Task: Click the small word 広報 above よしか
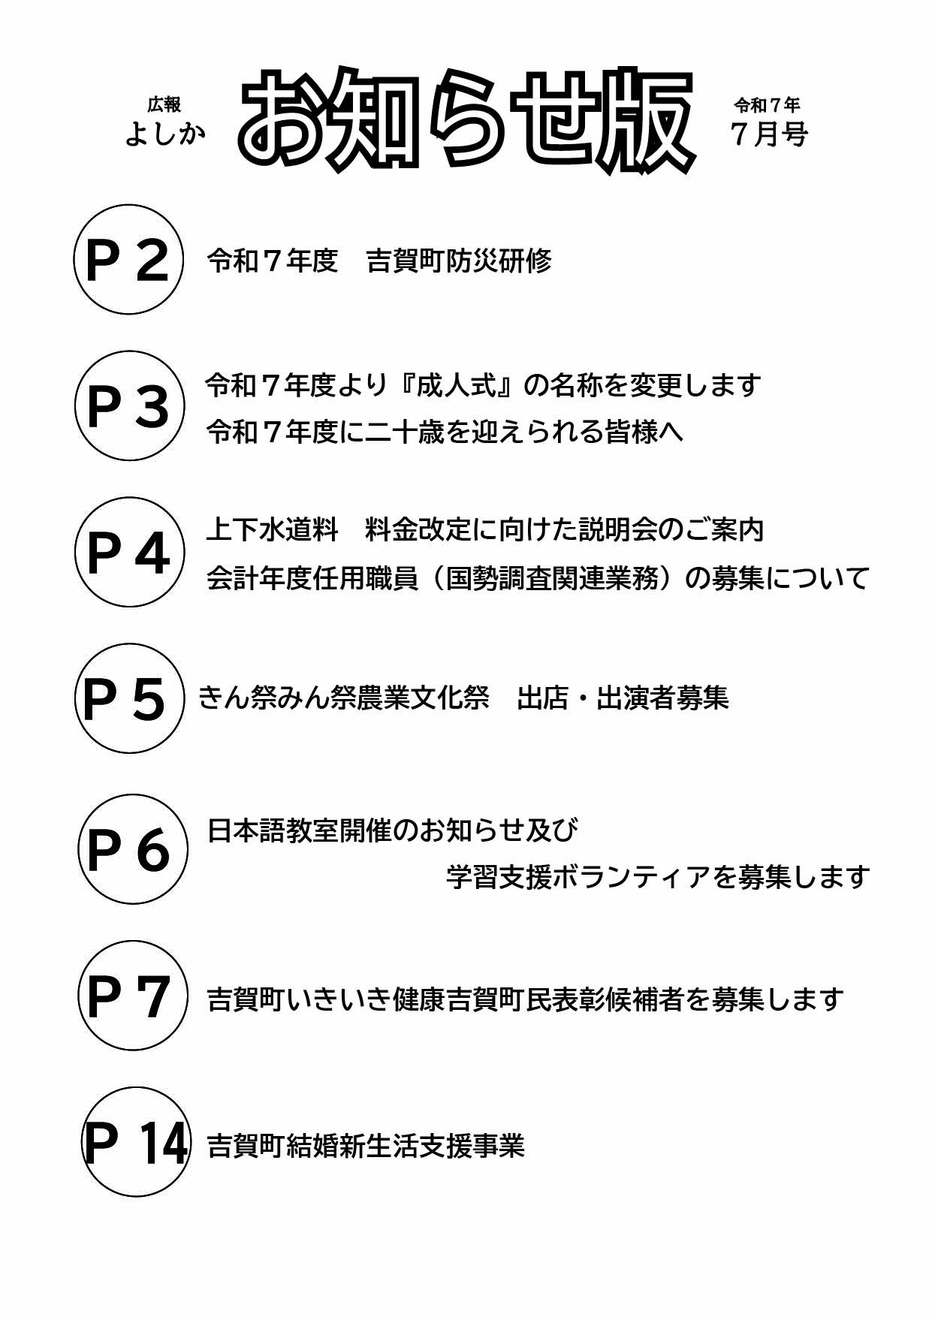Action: tap(164, 104)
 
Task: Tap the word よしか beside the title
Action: tap(165, 134)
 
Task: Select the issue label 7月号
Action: tap(769, 134)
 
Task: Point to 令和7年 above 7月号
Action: tap(767, 104)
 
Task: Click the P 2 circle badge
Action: tap(128, 259)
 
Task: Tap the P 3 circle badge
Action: tap(128, 405)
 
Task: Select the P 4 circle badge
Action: tap(129, 552)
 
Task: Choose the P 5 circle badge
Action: tap(129, 698)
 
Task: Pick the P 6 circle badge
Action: tap(133, 849)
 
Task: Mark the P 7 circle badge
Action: tap(133, 996)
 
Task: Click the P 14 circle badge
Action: tap(136, 1142)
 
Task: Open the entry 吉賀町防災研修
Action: tap(459, 261)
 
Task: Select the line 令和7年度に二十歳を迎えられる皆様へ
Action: tap(445, 432)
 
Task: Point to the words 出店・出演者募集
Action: tap(623, 698)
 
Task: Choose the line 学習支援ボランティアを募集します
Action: tap(658, 876)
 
